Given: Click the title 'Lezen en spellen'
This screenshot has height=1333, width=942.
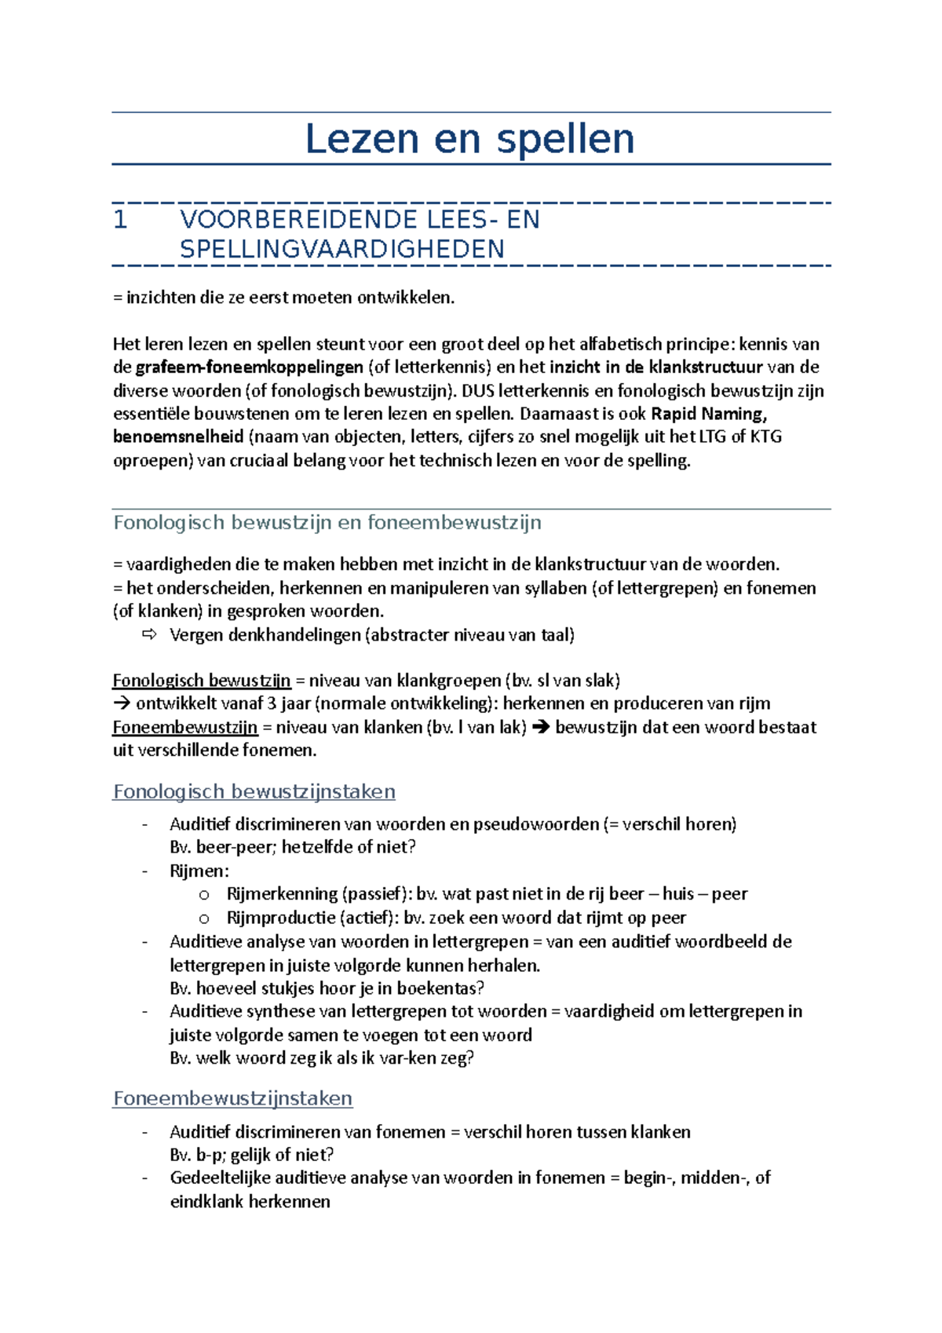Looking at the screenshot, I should coord(469,139).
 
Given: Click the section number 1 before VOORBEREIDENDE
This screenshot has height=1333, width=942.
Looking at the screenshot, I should coord(120,220).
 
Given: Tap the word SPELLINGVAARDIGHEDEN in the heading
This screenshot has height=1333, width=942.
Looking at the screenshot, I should coord(342,250).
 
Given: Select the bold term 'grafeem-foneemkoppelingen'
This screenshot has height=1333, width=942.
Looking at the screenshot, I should coord(249,367).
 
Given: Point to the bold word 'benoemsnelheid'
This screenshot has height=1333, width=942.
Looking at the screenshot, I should coord(178,436).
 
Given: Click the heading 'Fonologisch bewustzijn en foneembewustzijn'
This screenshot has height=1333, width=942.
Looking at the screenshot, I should coord(327,523).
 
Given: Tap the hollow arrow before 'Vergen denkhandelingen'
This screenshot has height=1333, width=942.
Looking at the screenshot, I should coord(149,634).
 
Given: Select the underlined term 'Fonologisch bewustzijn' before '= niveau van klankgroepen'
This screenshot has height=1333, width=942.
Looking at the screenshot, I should coord(202,681).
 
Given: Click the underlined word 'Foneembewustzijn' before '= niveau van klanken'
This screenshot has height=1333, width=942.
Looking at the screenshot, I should coord(185,728).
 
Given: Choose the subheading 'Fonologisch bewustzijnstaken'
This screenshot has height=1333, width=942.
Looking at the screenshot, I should coord(254,791).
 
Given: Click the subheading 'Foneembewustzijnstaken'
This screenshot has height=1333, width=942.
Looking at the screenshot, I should coord(233,1098).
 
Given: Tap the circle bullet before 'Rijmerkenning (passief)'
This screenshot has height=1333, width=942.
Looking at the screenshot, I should coord(204,895).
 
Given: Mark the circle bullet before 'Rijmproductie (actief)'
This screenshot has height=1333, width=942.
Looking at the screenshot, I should coord(204,918).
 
